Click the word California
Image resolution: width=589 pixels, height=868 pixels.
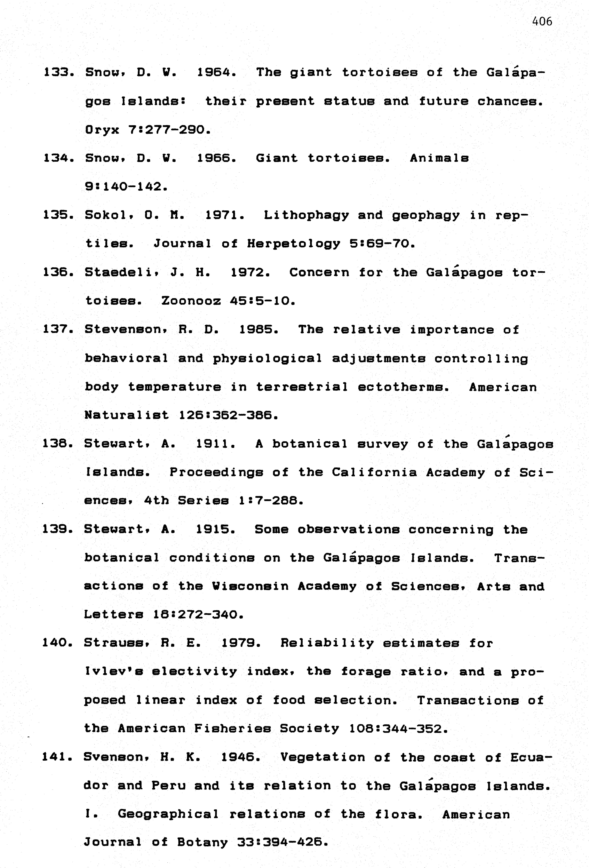[x=374, y=472]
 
